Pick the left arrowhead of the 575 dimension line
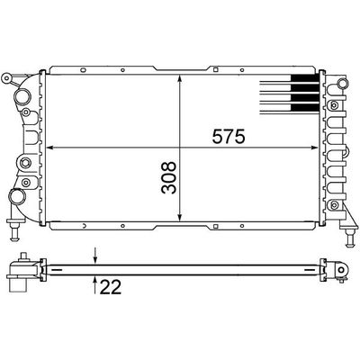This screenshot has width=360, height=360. [x=49, y=147]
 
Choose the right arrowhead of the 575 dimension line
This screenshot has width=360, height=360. [x=318, y=147]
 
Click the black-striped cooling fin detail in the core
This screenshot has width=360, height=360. [x=291, y=95]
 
